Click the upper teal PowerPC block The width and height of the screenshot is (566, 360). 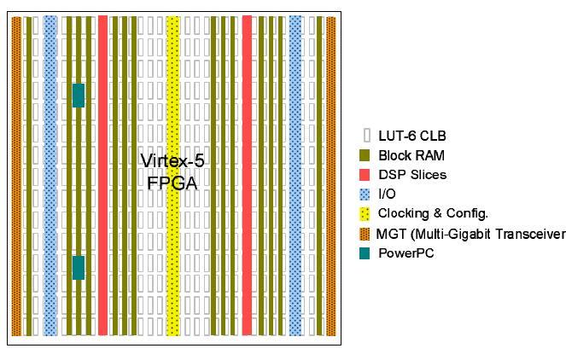(x=79, y=96)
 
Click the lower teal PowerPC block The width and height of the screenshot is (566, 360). (x=79, y=268)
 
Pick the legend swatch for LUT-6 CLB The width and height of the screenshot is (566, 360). (x=367, y=136)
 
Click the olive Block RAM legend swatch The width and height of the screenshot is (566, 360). (x=366, y=155)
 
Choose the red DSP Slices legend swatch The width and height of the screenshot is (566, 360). (x=366, y=175)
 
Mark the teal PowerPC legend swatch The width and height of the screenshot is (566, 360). (x=366, y=253)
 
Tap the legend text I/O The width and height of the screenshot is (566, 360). (x=387, y=195)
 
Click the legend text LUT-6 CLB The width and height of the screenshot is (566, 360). (x=411, y=136)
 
